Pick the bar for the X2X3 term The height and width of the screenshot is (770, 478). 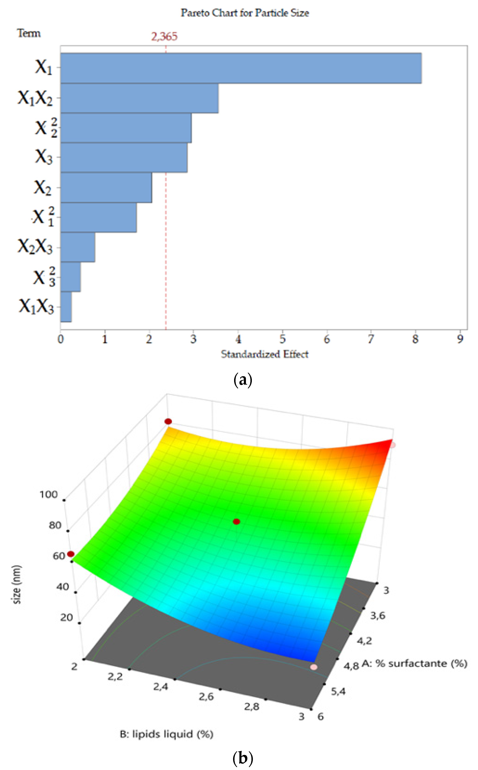click(78, 247)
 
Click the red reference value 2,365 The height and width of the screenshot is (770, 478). click(164, 37)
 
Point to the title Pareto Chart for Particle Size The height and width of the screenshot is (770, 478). click(245, 13)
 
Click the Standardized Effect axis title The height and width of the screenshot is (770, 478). click(264, 354)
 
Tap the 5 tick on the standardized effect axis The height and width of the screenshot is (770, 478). click(282, 339)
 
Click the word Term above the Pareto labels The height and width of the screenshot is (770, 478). click(29, 33)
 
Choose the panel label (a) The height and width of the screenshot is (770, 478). click(242, 380)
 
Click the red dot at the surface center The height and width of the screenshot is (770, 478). click(237, 521)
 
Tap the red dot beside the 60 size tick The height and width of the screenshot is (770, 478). click(71, 554)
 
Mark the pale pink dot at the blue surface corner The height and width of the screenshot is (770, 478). click(314, 667)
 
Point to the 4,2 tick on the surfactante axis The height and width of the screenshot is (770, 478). click(364, 641)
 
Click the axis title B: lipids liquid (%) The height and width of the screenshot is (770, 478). click(166, 734)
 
